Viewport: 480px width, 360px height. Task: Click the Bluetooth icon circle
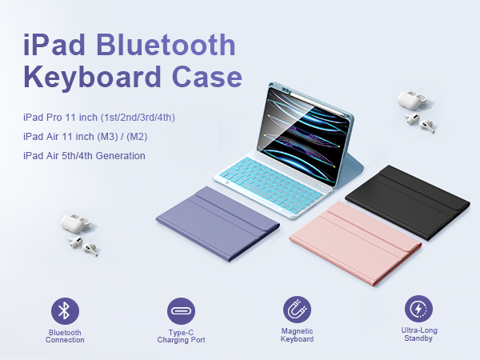point(66,310)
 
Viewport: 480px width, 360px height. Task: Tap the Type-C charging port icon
point(182,310)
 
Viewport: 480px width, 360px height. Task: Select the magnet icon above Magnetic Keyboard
point(298,310)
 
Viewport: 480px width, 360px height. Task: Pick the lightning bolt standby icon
point(419,309)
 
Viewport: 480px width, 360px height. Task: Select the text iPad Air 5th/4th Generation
point(84,155)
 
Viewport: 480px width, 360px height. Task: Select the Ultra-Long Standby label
point(419,334)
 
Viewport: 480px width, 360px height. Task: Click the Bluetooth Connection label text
point(66,335)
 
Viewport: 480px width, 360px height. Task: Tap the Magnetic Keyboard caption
point(298,335)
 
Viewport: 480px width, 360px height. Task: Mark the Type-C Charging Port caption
point(182,335)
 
